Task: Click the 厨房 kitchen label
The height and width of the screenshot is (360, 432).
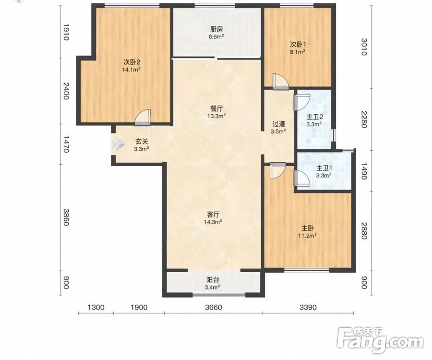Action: tap(216, 29)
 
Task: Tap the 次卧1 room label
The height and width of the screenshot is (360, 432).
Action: tap(298, 44)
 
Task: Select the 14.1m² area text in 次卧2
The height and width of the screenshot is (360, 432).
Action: tap(132, 70)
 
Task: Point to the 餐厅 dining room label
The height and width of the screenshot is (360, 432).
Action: tap(216, 108)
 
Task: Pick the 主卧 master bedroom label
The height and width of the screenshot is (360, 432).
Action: tap(307, 228)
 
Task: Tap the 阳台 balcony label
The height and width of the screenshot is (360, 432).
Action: tap(213, 280)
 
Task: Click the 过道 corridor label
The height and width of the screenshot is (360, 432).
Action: tap(278, 124)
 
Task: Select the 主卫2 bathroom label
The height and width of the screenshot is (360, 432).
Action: tap(314, 117)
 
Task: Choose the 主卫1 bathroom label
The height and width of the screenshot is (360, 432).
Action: tap(324, 168)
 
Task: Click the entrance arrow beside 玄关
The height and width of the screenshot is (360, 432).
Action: tap(117, 144)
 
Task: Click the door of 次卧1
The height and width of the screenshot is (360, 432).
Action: tap(280, 82)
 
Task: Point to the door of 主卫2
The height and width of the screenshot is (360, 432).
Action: tap(302, 102)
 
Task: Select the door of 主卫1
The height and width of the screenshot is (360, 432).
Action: tap(302, 179)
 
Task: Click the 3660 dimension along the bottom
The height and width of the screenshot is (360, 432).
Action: tap(214, 307)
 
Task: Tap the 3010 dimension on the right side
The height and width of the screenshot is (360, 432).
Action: tap(364, 47)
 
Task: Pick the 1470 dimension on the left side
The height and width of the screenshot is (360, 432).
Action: tap(66, 144)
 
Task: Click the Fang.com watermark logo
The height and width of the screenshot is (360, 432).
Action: tap(381, 340)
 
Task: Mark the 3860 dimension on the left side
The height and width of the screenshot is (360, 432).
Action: tap(66, 217)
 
